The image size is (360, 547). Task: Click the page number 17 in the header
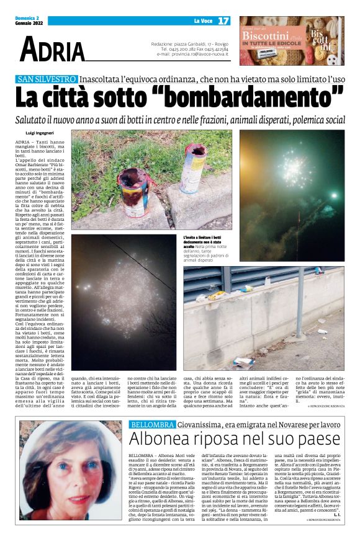click(223, 21)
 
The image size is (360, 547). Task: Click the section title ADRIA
click(53, 48)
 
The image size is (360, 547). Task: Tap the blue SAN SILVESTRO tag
click(47, 79)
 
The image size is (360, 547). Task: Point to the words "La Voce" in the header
click(202, 22)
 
